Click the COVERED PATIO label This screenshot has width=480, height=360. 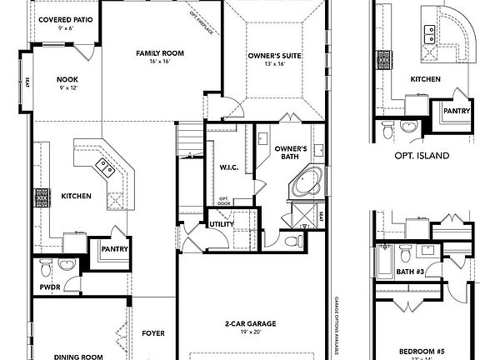pyautogui.click(x=60, y=18)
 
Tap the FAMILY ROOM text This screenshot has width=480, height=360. pyautogui.click(x=160, y=53)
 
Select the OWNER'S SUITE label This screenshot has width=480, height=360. pyautogui.click(x=272, y=57)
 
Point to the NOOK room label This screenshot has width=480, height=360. pyautogui.click(x=67, y=80)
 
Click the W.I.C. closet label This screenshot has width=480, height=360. pyautogui.click(x=229, y=167)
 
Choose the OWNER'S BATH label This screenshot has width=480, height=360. pyautogui.click(x=291, y=152)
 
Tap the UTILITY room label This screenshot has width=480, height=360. pyautogui.click(x=221, y=224)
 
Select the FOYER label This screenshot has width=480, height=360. pyautogui.click(x=152, y=333)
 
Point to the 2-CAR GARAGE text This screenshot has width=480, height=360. pyautogui.click(x=250, y=323)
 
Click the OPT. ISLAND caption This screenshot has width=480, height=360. pyautogui.click(x=422, y=156)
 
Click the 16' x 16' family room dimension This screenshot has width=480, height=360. pyautogui.click(x=160, y=62)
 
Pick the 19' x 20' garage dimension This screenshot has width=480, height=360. pyautogui.click(x=250, y=332)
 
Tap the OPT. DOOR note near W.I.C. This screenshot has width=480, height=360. pyautogui.click(x=224, y=201)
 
